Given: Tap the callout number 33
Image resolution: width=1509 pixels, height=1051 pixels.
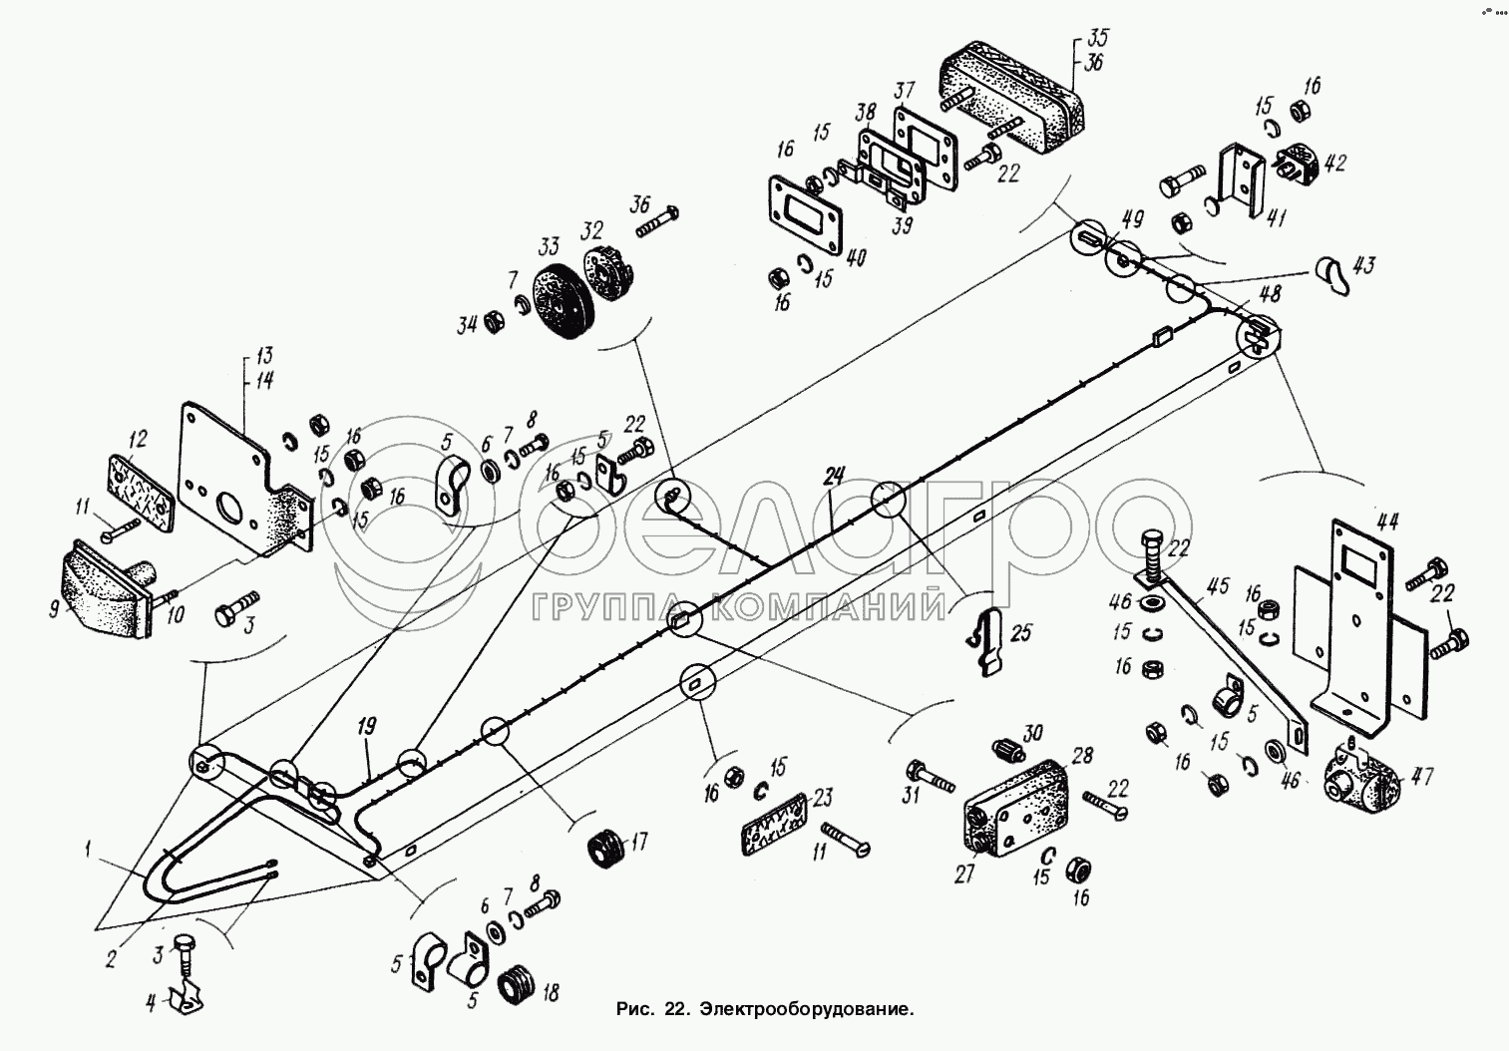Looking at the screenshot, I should (550, 246).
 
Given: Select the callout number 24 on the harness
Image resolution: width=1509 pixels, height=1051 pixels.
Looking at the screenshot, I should (833, 477).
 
